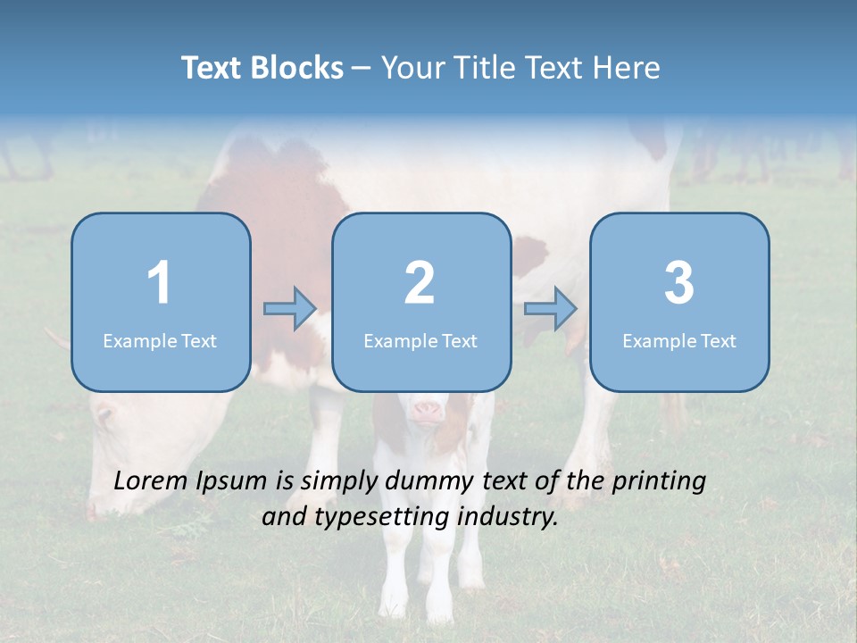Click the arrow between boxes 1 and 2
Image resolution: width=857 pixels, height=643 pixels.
pyautogui.click(x=290, y=309)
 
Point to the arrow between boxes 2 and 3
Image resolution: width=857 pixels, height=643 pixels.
pyautogui.click(x=551, y=309)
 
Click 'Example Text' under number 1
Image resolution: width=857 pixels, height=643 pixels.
pyautogui.click(x=160, y=340)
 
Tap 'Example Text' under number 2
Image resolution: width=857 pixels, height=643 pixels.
pyautogui.click(x=420, y=340)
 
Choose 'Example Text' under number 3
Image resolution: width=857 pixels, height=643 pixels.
pyautogui.click(x=679, y=340)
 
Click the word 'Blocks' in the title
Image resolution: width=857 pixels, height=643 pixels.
pyautogui.click(x=299, y=68)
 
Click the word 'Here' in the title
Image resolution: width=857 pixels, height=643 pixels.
pyautogui.click(x=628, y=68)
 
